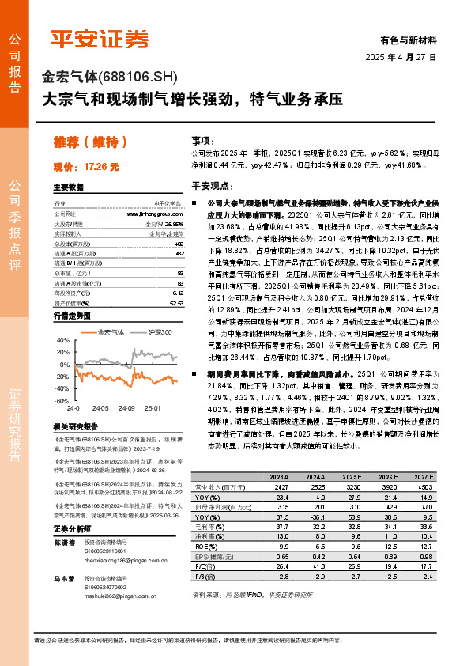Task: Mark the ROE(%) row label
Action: [x=207, y=545]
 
